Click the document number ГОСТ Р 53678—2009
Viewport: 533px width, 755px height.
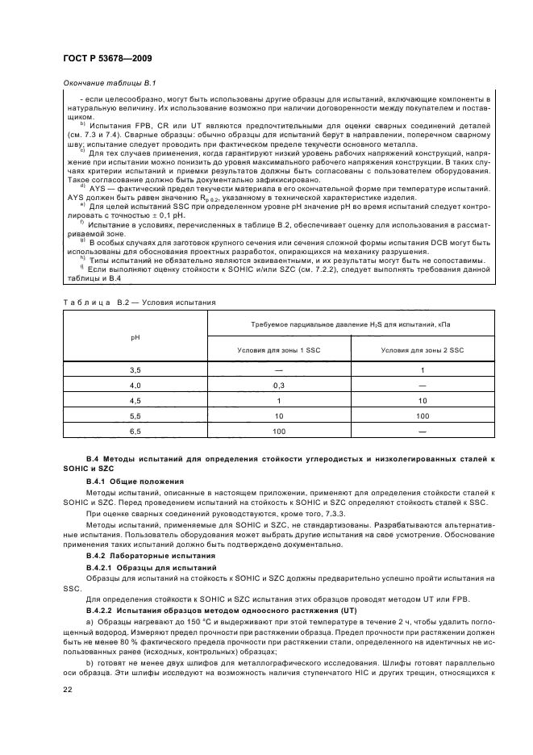pyautogui.click(x=106, y=58)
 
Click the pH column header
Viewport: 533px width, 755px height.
pyautogui.click(x=135, y=336)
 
